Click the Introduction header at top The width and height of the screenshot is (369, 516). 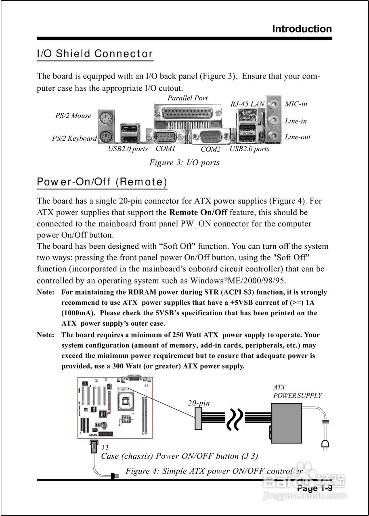[302, 29]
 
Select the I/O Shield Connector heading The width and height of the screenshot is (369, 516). [95, 54]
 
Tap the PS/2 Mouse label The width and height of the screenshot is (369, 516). [73, 116]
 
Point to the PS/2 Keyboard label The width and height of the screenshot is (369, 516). [74, 138]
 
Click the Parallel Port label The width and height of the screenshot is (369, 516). [187, 98]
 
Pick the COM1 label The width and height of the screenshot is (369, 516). [166, 149]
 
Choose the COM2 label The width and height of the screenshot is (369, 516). [211, 149]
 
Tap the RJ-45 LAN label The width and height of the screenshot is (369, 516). [247, 104]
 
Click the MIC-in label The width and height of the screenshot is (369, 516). [296, 104]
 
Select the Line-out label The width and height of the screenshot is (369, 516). [298, 137]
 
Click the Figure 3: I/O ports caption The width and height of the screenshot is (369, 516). [184, 162]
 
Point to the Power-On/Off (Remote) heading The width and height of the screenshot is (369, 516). [102, 182]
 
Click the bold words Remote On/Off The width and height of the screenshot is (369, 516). [198, 212]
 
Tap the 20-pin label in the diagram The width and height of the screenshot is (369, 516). [199, 403]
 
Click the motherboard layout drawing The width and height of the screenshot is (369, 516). [115, 407]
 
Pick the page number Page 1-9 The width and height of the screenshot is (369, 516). [314, 488]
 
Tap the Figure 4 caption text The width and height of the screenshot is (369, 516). [214, 471]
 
